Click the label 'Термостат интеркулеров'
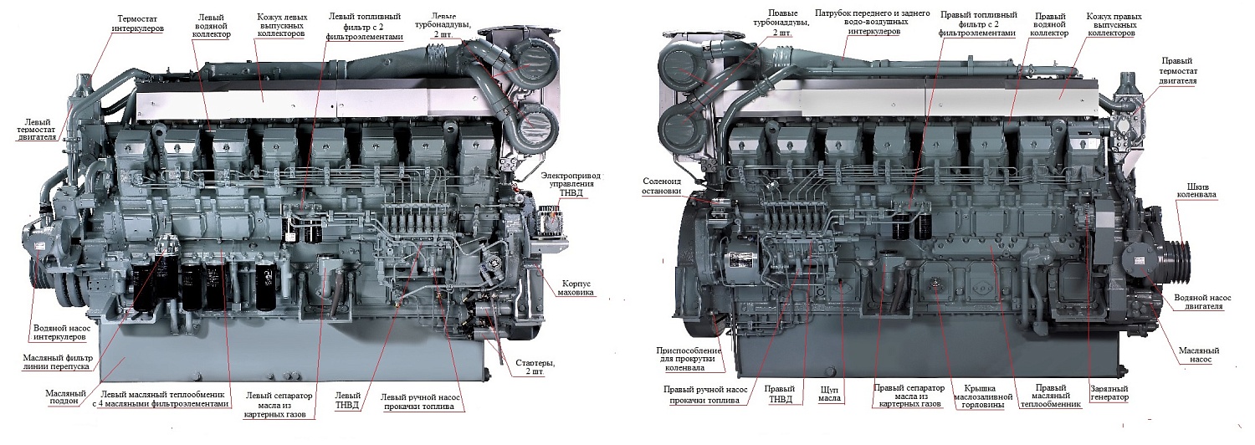(x=138, y=23)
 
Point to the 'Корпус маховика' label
(x=576, y=288)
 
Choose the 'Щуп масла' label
(x=827, y=394)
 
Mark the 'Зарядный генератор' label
(x=1109, y=393)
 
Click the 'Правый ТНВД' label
(x=780, y=393)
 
